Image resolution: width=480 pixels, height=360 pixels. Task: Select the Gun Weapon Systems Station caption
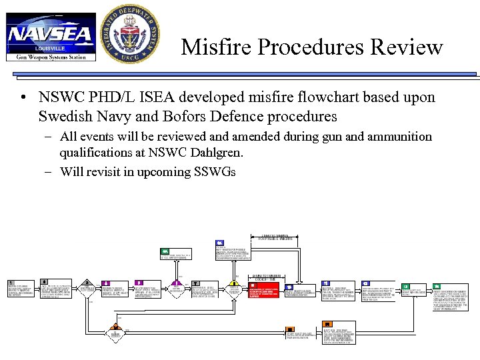[51, 57]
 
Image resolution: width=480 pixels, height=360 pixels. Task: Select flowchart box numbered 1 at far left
[21, 291]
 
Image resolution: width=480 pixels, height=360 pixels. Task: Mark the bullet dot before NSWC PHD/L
[23, 98]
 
